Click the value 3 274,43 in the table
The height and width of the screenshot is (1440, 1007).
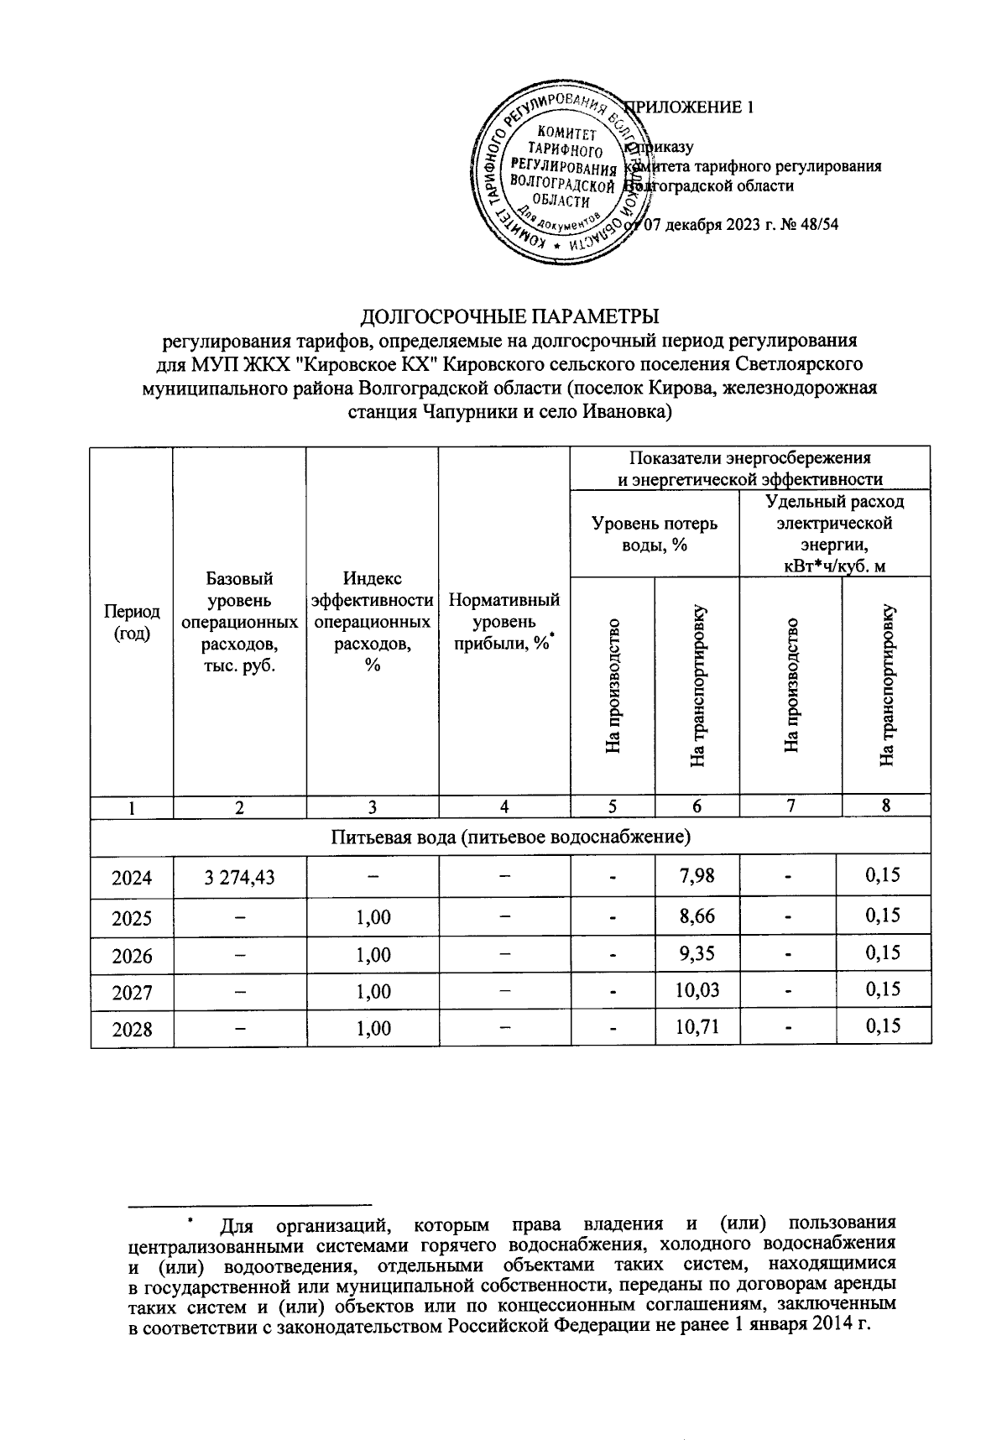tap(239, 878)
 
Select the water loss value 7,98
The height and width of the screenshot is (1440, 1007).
tap(696, 876)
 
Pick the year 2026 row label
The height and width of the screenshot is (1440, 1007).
tap(132, 955)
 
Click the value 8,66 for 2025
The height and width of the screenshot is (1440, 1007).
tap(696, 916)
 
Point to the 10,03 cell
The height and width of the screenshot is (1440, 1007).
tap(696, 990)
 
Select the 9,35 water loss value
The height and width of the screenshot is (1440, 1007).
tap(696, 953)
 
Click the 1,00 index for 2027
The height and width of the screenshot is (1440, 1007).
tap(373, 992)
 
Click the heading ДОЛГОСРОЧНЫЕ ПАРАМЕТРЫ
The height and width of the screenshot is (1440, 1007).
tap(509, 317)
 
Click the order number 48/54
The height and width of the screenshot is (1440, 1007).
tap(818, 224)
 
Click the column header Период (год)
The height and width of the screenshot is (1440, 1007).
tap(132, 623)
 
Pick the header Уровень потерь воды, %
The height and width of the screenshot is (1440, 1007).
tap(655, 534)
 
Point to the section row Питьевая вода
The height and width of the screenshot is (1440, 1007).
tap(510, 837)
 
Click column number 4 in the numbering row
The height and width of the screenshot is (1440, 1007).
tap(503, 806)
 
